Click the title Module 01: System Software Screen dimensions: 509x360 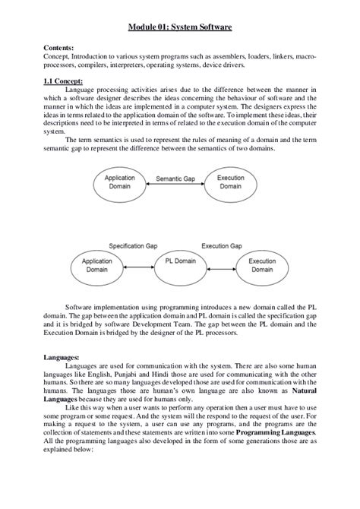179,27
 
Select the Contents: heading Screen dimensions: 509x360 60,47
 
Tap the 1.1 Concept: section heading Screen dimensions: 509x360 63,81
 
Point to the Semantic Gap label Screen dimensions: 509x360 175,179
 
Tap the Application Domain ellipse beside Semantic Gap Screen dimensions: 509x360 119,182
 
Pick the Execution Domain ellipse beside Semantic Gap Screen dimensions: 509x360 231,182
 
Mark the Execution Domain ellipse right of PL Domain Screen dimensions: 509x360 263,265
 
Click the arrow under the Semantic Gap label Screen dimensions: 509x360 175,187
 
